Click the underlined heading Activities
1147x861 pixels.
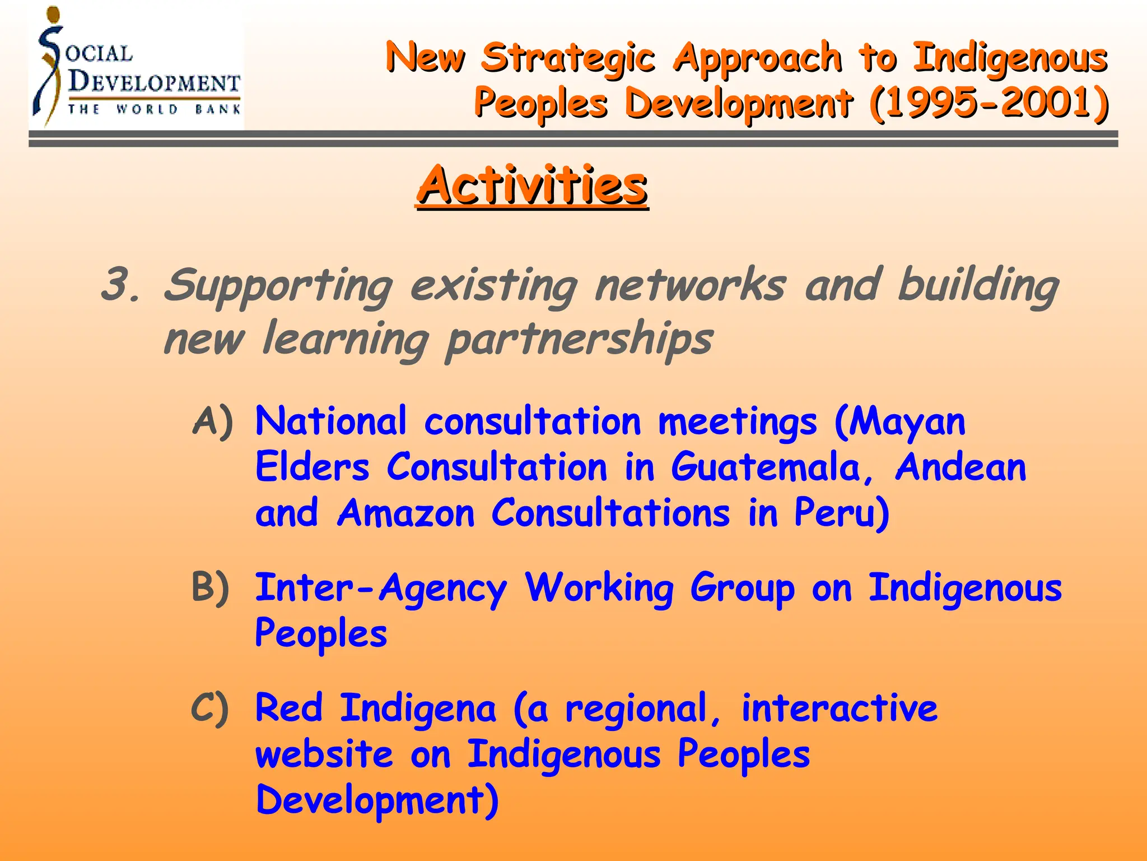[531, 186]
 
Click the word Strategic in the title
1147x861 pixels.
[568, 58]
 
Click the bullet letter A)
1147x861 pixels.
[212, 421]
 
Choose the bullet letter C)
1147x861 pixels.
[210, 708]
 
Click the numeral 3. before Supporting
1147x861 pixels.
[120, 285]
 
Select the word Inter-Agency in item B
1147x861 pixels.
[381, 589]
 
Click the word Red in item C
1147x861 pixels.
[289, 708]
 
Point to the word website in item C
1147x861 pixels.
[324, 754]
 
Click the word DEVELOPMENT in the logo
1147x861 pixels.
[154, 82]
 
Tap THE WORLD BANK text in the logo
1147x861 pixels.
[154, 109]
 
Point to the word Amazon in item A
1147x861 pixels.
[405, 513]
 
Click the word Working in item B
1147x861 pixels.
[599, 589]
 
